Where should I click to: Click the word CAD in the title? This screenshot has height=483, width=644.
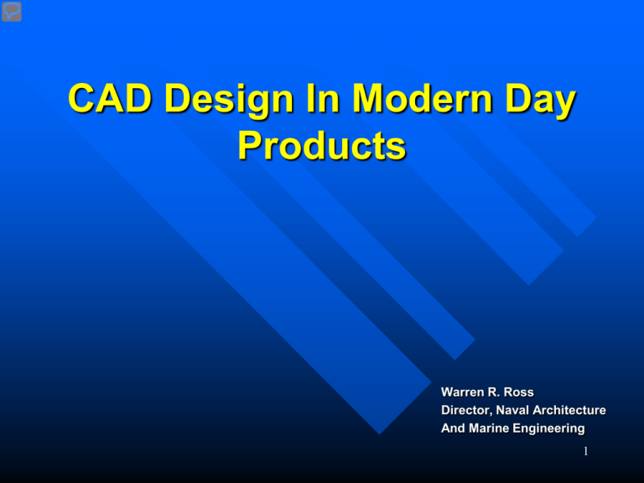[x=110, y=98]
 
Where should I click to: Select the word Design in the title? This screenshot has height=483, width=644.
[x=229, y=101]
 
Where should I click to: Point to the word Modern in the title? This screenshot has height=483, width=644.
[x=423, y=98]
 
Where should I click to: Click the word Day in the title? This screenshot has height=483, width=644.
[x=541, y=101]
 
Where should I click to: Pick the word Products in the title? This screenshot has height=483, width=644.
[x=322, y=145]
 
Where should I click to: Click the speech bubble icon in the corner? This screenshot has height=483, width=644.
[x=12, y=12]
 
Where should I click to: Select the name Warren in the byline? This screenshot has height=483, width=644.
[x=463, y=392]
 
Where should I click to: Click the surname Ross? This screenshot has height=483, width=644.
[x=519, y=392]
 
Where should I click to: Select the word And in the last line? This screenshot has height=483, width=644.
[x=453, y=428]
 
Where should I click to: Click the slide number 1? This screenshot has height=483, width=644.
[x=585, y=451]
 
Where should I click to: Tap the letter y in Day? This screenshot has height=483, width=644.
[x=563, y=105]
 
